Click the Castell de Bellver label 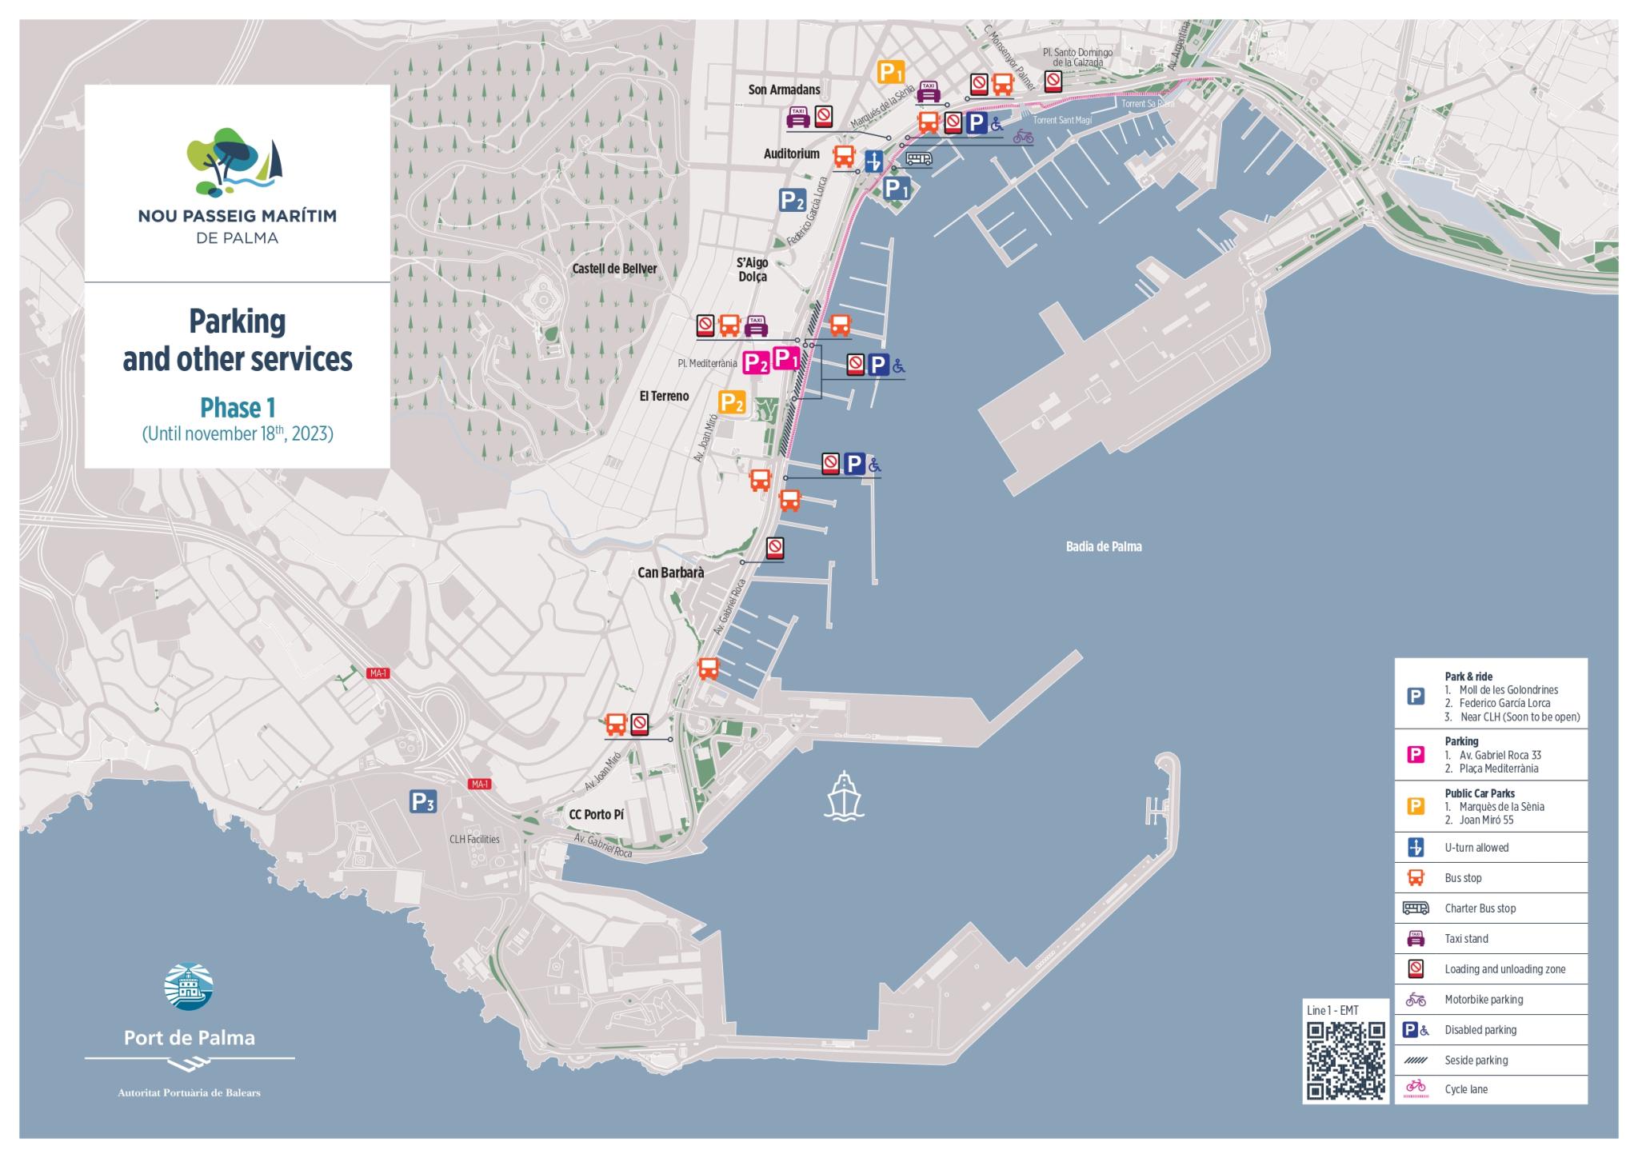pos(614,269)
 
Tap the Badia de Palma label pos(1104,547)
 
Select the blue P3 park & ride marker pos(423,802)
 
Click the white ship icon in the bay pos(844,797)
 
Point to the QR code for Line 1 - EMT pos(1346,1060)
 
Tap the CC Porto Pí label pos(596,815)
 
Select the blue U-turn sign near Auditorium pos(874,160)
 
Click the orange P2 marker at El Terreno pos(732,402)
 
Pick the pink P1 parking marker pos(786,359)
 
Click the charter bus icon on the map pos(919,159)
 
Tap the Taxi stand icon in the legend pos(1415,938)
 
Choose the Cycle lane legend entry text pos(1466,1089)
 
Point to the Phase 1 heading pos(238,408)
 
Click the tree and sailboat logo pos(234,164)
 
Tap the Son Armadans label pos(784,90)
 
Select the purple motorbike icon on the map pos(1022,137)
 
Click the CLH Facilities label pos(474,839)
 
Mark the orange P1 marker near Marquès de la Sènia pos(891,73)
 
